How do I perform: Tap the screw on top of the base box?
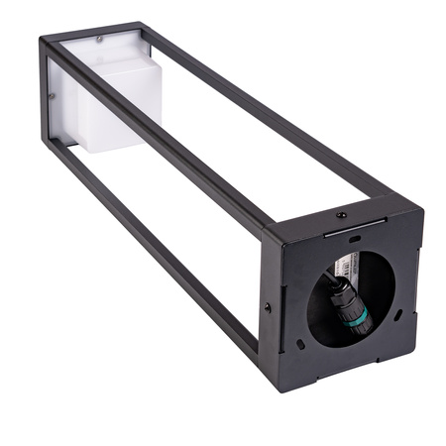coord(340,214)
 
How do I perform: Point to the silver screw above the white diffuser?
coord(99,40)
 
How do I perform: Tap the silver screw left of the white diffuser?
coord(52,96)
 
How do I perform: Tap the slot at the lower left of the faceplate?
coord(300,345)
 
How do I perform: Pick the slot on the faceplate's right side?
coord(396,313)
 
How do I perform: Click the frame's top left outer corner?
coord(42,40)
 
